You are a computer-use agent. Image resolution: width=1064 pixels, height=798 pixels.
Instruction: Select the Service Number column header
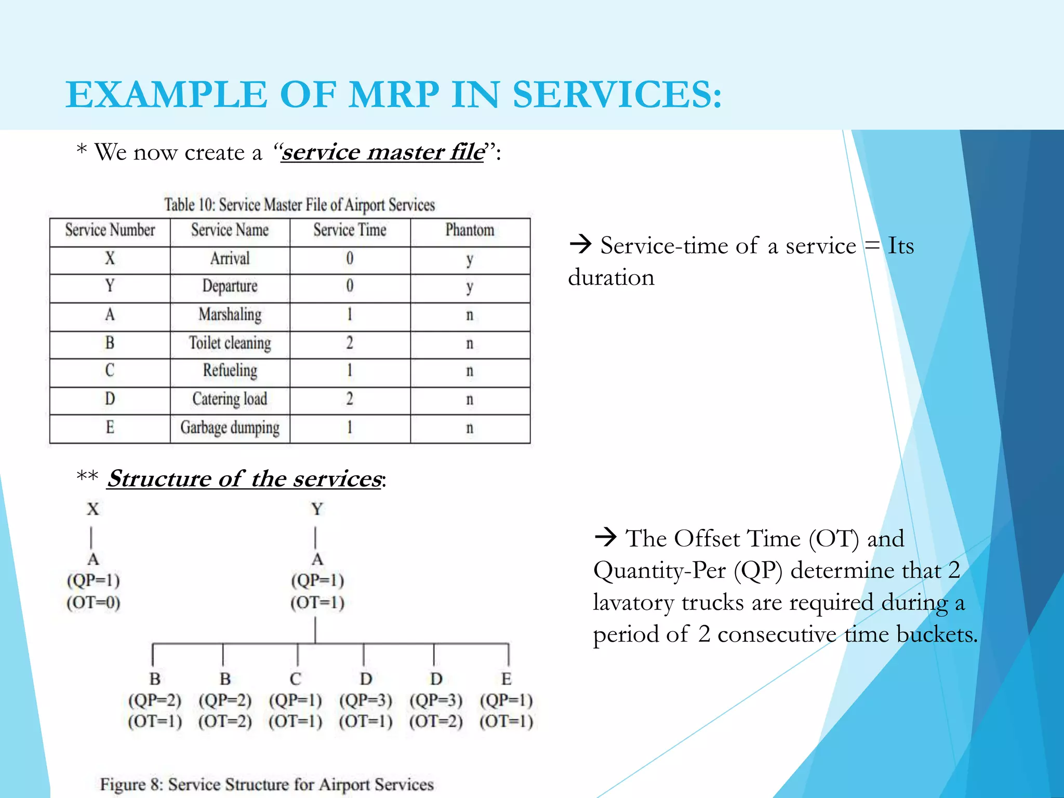(x=110, y=230)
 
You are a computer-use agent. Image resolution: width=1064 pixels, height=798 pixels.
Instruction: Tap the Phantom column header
(x=470, y=230)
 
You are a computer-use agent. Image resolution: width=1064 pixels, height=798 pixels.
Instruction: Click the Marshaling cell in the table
(x=230, y=315)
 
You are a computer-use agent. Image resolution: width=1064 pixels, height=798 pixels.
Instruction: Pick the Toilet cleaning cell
(x=230, y=343)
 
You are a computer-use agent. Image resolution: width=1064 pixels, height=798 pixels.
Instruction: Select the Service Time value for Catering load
(x=350, y=400)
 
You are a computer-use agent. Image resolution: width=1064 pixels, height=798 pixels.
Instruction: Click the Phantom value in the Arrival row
(x=470, y=259)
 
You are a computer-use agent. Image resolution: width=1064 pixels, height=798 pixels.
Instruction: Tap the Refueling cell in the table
(x=230, y=371)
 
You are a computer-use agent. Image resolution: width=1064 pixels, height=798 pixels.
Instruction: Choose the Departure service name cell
(x=230, y=286)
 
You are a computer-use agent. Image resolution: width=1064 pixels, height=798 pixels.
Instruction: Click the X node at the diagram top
(x=92, y=509)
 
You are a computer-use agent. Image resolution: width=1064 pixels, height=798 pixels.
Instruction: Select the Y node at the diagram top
(x=317, y=509)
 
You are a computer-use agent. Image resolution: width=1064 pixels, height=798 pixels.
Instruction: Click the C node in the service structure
(x=295, y=679)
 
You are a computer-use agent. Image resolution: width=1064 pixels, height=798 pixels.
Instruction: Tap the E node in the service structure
(x=507, y=679)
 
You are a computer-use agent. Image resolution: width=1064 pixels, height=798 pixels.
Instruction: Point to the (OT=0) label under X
(x=94, y=603)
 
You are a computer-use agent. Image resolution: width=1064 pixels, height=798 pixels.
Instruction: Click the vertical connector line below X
(x=91, y=538)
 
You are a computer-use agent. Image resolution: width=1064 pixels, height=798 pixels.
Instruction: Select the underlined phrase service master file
(x=382, y=152)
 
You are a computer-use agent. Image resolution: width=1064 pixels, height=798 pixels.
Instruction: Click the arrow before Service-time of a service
(x=580, y=244)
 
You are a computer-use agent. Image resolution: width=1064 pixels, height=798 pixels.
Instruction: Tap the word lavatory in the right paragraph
(x=632, y=603)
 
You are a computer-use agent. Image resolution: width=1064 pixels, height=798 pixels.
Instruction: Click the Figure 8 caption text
(x=267, y=784)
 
